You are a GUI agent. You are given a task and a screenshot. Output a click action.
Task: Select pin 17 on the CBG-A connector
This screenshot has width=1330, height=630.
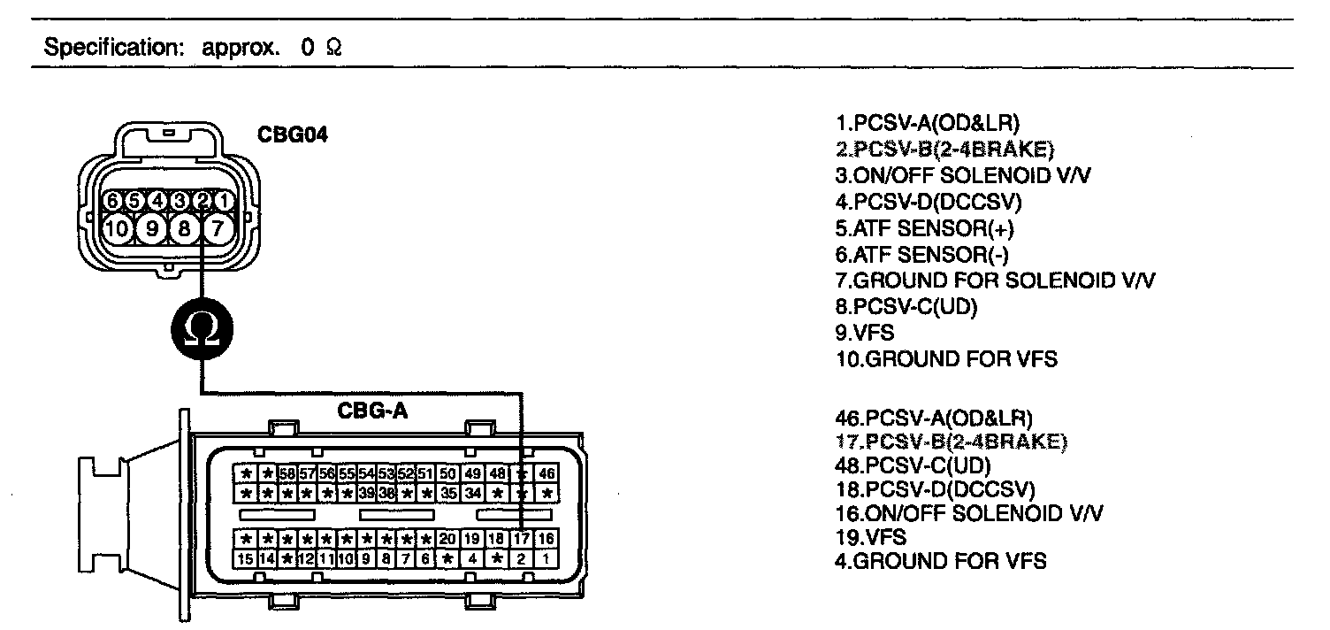[523, 538]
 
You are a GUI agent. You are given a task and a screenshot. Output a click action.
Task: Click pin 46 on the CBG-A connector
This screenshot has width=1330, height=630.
[547, 473]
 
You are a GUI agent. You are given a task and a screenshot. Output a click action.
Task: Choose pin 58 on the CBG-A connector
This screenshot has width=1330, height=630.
[287, 473]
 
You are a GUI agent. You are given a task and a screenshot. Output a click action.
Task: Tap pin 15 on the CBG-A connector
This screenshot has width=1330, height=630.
[247, 558]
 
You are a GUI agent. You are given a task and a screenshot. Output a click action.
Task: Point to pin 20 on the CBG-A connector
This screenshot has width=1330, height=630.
[447, 538]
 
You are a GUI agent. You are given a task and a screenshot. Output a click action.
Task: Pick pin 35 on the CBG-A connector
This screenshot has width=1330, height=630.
[448, 492]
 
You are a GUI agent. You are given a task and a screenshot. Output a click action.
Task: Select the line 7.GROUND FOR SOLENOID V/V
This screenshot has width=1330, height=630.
[995, 280]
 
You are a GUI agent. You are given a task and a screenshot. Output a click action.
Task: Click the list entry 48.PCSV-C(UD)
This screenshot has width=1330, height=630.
[913, 465]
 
